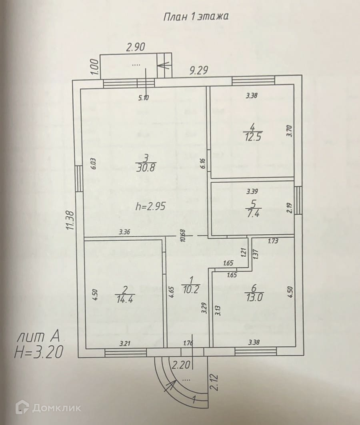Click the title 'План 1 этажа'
pos(196,17)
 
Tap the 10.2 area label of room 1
pos(190,291)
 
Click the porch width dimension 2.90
pos(135,48)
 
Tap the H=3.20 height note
pos(38,352)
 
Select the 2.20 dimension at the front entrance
pos(180,365)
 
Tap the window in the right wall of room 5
pos(298,200)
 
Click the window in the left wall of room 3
pos(79,178)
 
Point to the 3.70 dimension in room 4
pos(290,131)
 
